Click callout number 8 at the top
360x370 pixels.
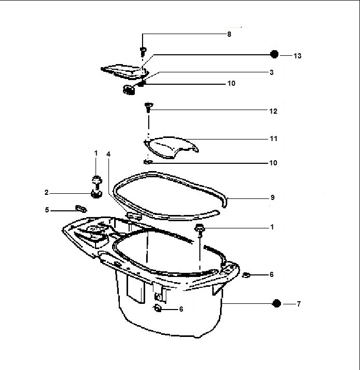click(x=229, y=34)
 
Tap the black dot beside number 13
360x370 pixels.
click(x=275, y=55)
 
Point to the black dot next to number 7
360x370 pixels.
click(x=276, y=304)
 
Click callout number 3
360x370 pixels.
click(x=271, y=72)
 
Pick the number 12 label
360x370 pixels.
click(x=273, y=111)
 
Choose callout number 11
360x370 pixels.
click(x=273, y=139)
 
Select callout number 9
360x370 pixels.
click(x=272, y=197)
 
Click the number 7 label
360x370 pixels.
click(x=298, y=304)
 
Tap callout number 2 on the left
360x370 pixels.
click(x=46, y=193)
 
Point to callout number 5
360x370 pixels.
click(x=46, y=210)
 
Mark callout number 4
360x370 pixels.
click(x=108, y=154)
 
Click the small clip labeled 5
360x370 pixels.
click(x=80, y=208)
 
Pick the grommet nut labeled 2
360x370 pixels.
click(x=96, y=193)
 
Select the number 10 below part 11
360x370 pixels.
click(x=273, y=163)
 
